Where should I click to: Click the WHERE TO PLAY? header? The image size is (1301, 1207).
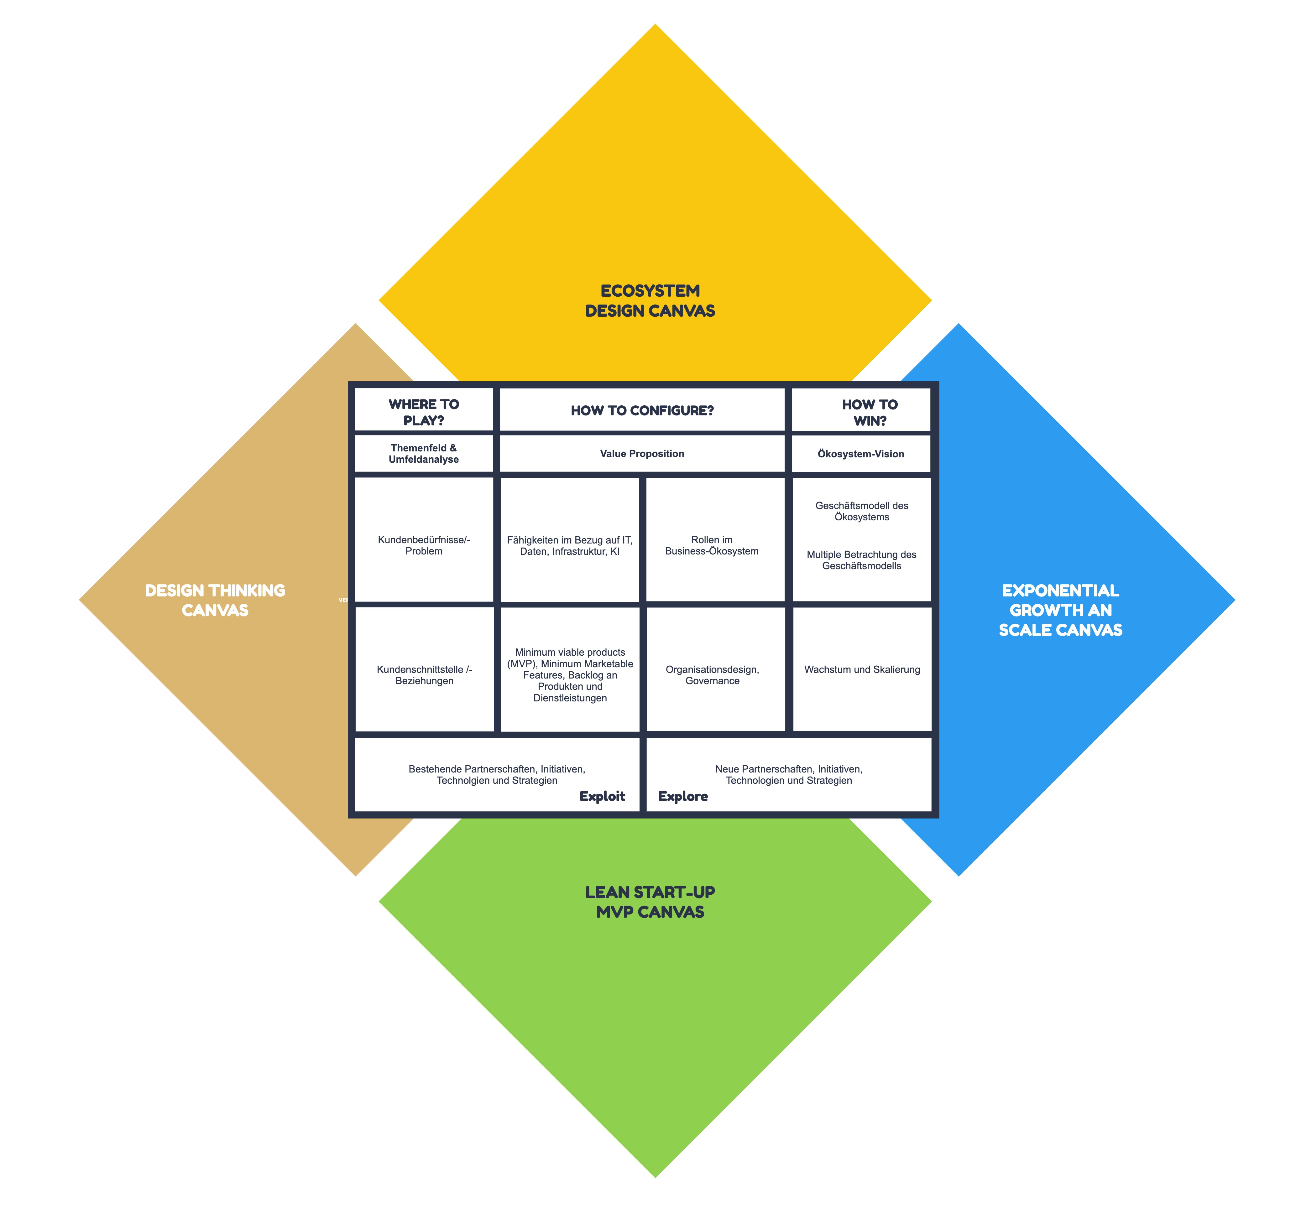tap(423, 412)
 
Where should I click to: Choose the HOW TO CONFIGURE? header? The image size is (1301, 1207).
tap(642, 410)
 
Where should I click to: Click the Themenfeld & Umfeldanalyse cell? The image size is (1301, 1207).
tap(423, 453)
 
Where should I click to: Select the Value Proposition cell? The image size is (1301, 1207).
tap(642, 453)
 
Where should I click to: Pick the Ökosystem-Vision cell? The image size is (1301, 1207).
tap(860, 453)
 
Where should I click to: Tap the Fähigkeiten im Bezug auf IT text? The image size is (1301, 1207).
tap(569, 545)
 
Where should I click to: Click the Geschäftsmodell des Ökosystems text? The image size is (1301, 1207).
tap(861, 511)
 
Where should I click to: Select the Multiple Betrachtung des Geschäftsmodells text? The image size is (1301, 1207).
tap(861, 560)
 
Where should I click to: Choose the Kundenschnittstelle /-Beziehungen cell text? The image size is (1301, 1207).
tap(424, 675)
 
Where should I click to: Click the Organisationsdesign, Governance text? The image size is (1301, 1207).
tap(712, 675)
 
